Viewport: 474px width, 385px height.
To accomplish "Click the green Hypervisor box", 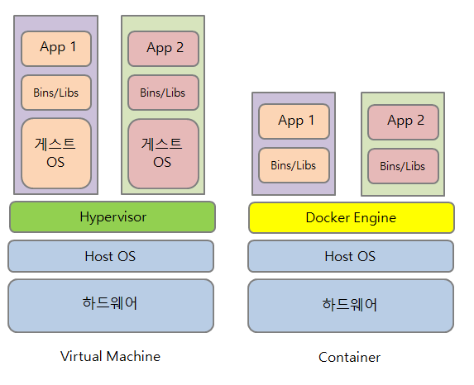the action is point(113,216).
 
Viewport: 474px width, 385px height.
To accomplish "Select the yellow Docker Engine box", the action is point(352,218).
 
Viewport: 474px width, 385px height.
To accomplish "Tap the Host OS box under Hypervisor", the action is point(111,256).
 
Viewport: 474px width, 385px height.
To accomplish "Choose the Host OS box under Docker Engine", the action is point(351,256).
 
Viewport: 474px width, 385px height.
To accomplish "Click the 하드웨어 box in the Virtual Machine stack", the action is point(111,306).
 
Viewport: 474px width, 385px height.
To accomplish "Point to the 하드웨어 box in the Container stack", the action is point(351,306).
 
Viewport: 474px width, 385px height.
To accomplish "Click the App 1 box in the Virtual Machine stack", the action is point(56,49).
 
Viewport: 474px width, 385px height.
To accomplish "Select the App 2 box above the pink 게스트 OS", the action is point(163,49).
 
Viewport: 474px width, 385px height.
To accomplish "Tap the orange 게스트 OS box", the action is point(56,154).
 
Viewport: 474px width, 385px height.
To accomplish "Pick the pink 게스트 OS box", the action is point(163,154).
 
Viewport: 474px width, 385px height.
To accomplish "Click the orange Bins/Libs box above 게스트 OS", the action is point(56,93).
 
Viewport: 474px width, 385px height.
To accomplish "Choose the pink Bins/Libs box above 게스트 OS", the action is point(163,93).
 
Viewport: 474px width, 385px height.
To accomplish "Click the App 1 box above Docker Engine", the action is point(294,121).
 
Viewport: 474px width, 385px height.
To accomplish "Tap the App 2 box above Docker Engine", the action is point(403,122).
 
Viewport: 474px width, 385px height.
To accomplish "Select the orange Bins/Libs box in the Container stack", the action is point(294,165).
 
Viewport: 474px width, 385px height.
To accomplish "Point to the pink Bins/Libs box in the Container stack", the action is point(403,166).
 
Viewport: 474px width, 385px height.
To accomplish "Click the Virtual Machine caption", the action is point(110,356).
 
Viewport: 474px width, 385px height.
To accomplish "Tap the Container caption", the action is point(349,357).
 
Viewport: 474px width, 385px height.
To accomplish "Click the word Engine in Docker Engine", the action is point(375,218).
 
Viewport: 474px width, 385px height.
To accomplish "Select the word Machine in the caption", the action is point(133,356).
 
